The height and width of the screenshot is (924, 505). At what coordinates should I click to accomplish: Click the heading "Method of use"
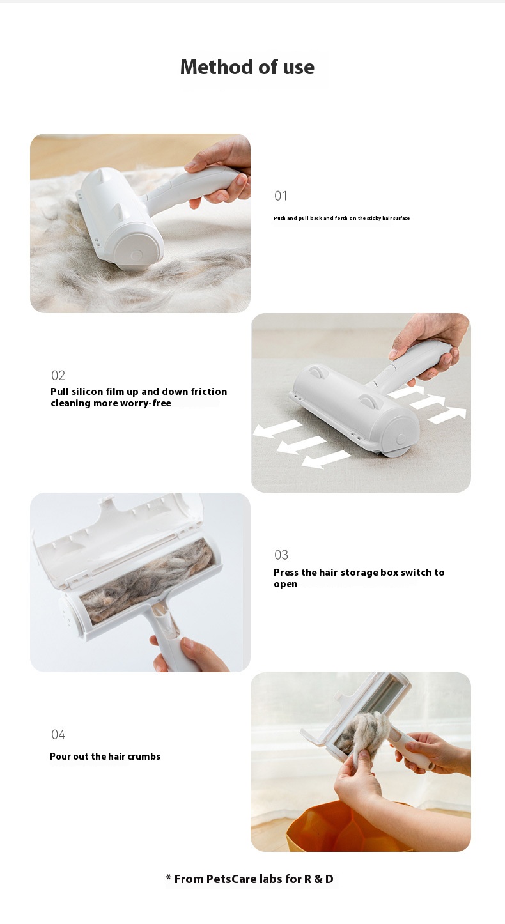click(x=247, y=67)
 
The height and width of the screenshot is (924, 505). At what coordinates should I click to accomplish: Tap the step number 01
click(x=281, y=196)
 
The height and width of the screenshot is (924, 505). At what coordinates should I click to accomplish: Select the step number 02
click(x=58, y=375)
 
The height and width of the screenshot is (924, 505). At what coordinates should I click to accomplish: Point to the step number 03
click(x=281, y=555)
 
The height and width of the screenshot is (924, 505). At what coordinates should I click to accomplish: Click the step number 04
click(x=58, y=735)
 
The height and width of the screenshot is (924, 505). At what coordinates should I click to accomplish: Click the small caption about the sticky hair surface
click(x=341, y=218)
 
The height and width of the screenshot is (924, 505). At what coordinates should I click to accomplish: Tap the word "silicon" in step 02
click(x=87, y=392)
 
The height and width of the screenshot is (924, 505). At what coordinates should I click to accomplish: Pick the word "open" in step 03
click(x=285, y=585)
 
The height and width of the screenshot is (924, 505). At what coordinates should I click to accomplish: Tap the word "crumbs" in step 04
click(x=144, y=757)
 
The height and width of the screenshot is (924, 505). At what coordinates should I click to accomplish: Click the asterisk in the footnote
click(x=168, y=877)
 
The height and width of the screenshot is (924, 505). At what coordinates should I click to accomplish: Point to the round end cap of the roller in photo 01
click(x=136, y=252)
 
